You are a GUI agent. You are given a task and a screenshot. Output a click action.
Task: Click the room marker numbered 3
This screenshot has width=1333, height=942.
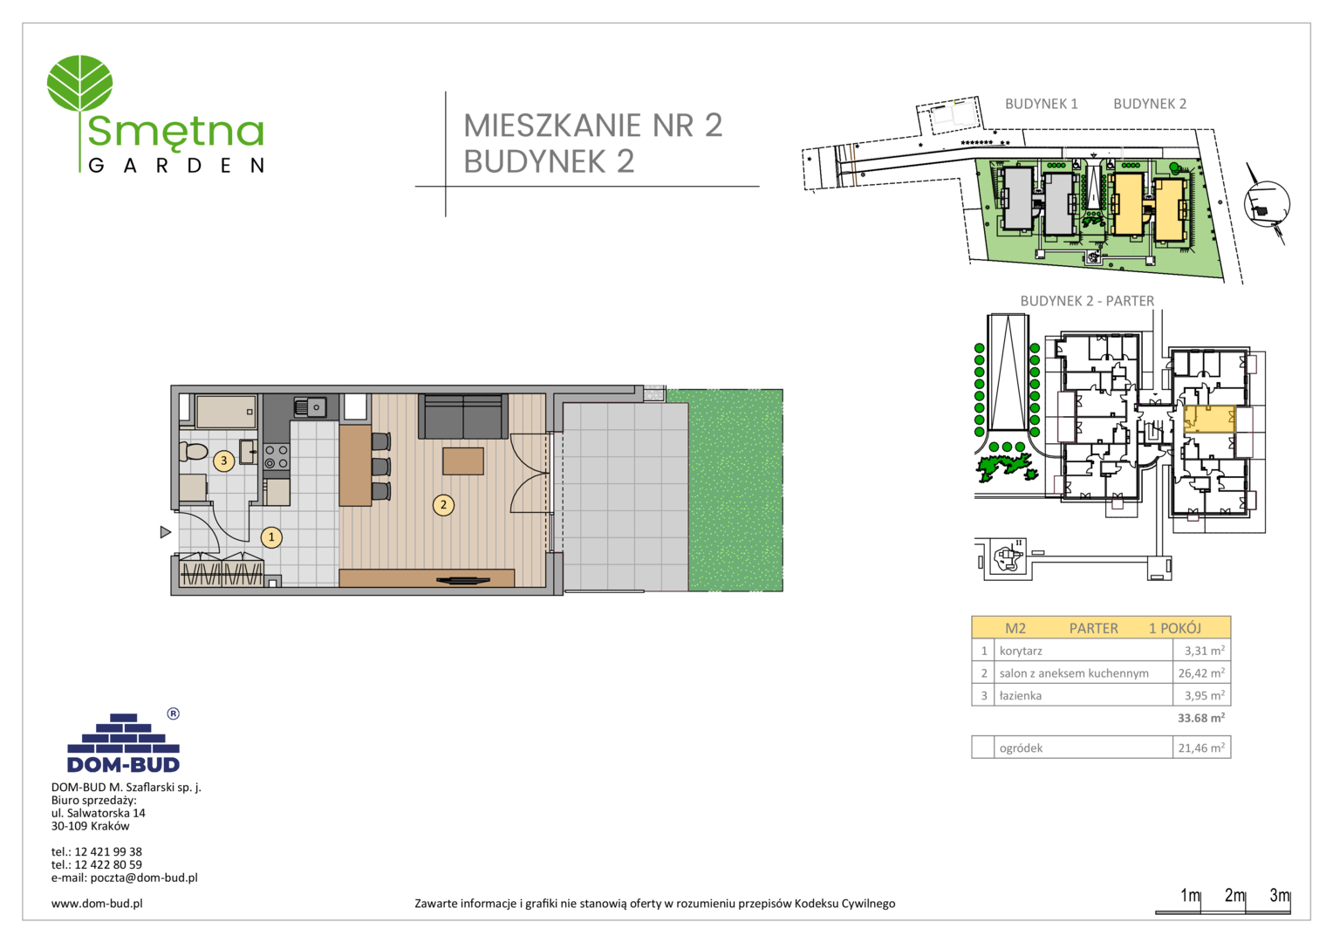click(x=223, y=461)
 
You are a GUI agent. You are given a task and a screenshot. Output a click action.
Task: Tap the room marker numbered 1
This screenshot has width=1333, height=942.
click(x=271, y=537)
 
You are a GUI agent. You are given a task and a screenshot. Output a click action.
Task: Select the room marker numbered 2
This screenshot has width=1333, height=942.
click(x=443, y=505)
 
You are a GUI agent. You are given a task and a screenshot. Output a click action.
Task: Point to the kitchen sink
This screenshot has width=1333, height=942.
click(x=310, y=407)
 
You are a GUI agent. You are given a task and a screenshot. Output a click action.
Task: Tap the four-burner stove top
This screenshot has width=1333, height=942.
click(x=277, y=457)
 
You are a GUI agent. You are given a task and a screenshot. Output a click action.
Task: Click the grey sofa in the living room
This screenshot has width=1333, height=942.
click(x=463, y=415)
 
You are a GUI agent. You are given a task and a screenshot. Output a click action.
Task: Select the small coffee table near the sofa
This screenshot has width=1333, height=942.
click(x=463, y=461)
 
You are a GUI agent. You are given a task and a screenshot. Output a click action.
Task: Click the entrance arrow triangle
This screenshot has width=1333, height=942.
click(x=166, y=532)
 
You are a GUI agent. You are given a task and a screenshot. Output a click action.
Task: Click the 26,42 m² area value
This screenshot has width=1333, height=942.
click(x=1201, y=673)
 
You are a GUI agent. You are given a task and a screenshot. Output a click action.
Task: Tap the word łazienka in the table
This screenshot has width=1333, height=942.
click(x=1020, y=696)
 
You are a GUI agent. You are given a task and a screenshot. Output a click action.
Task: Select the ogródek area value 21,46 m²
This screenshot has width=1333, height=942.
click(x=1201, y=747)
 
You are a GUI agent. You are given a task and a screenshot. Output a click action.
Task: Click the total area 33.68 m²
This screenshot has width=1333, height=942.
click(x=1201, y=718)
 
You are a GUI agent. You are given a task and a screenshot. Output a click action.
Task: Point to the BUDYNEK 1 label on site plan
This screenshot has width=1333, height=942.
click(x=1042, y=104)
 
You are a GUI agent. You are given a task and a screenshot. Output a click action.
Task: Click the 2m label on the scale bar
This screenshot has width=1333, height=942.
click(x=1234, y=895)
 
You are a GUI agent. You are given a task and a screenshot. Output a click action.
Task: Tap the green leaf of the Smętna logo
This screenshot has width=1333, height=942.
click(x=79, y=83)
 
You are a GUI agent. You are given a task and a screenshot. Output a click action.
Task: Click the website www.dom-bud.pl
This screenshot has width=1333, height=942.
click(x=97, y=904)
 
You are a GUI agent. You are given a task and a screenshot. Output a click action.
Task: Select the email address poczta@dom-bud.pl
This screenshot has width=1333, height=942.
click(x=143, y=877)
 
